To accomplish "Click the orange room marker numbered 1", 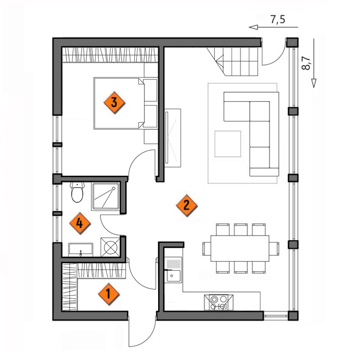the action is click(x=109, y=294).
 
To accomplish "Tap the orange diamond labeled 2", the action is click(x=187, y=205).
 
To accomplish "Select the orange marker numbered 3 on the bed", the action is click(x=114, y=103).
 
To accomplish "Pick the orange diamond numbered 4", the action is click(x=80, y=223).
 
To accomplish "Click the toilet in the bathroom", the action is click(x=77, y=192).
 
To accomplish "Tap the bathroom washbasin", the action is click(x=81, y=250).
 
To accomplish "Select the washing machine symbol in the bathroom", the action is click(x=111, y=247).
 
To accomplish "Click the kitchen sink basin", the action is click(x=173, y=276).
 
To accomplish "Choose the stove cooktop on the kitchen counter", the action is click(x=219, y=303).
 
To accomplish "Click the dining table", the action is click(x=240, y=248).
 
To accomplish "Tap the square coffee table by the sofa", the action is click(x=228, y=144).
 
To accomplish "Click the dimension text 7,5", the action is click(x=278, y=20).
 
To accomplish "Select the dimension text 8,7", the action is click(x=306, y=63).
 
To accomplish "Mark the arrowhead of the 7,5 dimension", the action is click(x=253, y=27).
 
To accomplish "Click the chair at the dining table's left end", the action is click(x=207, y=249).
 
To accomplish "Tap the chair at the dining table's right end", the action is click(x=274, y=249).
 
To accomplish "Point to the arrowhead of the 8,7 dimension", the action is click(x=314, y=83).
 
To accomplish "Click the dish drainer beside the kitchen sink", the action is click(x=173, y=263).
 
